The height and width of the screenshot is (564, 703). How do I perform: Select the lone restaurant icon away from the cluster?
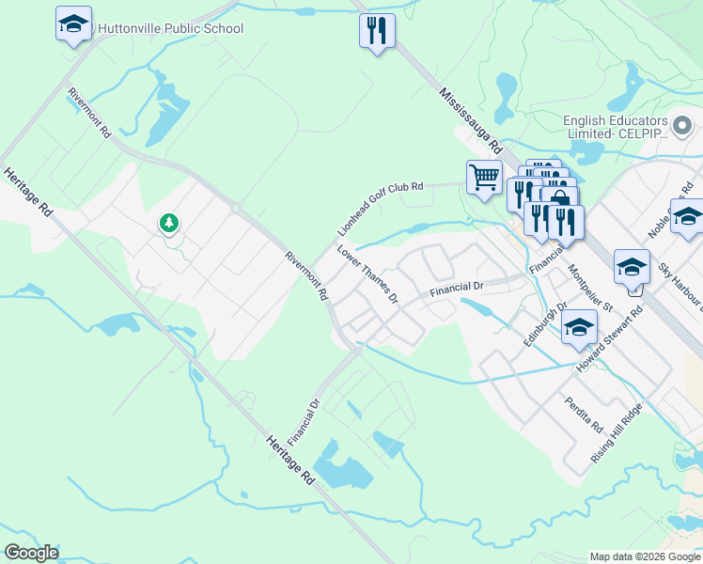pyautogui.click(x=377, y=30)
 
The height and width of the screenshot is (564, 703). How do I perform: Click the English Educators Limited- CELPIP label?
pyautogui.click(x=616, y=127)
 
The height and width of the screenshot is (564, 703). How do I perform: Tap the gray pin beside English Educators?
pyautogui.click(x=683, y=123)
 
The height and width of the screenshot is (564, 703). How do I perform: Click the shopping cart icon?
pyautogui.click(x=484, y=177)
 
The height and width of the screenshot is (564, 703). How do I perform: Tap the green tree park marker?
pyautogui.click(x=168, y=223)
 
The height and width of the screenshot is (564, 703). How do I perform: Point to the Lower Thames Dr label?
pyautogui.click(x=368, y=274)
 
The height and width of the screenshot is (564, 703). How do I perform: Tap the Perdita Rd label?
pyautogui.click(x=584, y=414)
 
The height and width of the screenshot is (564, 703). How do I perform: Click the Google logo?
pyautogui.click(x=32, y=553)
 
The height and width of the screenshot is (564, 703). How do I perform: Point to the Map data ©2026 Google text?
pyautogui.click(x=645, y=556)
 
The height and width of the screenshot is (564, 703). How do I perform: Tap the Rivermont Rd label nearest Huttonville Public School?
pyautogui.click(x=89, y=113)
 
